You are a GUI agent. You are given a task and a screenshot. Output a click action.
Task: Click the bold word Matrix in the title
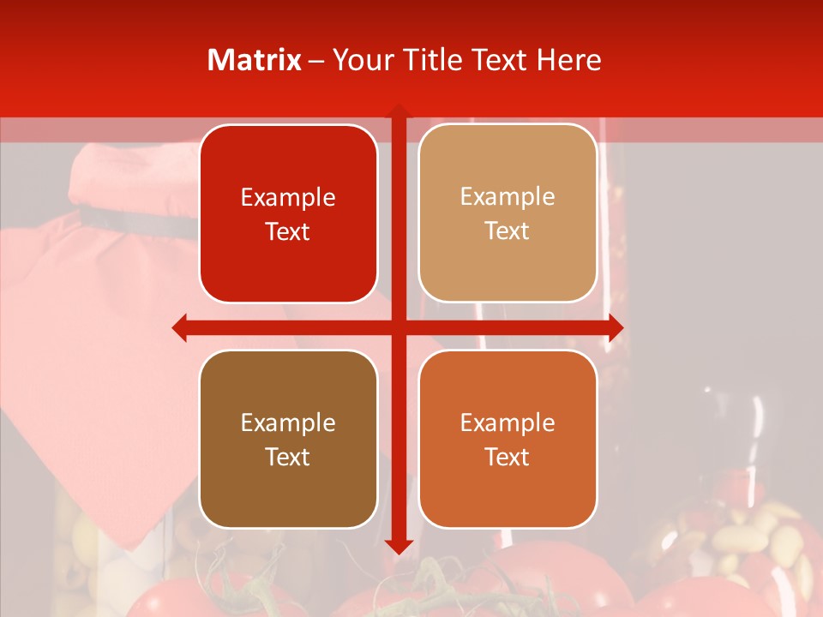pyautogui.click(x=255, y=60)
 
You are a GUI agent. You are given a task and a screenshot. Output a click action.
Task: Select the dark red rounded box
pyautogui.click(x=288, y=213)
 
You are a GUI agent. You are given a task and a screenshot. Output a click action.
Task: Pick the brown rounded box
pyautogui.click(x=288, y=439)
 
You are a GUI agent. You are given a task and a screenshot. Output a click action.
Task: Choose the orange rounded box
pyautogui.click(x=508, y=439)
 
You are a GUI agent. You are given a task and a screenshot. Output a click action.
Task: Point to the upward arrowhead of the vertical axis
pyautogui.click(x=398, y=112)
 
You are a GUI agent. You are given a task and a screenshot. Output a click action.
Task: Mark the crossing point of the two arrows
pyautogui.click(x=398, y=327)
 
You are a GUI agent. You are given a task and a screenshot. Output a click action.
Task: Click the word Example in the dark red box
pyautogui.click(x=288, y=197)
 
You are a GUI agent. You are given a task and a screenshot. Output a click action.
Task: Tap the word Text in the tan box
pyautogui.click(x=508, y=231)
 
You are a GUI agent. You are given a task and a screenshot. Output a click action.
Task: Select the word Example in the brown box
pyautogui.click(x=288, y=422)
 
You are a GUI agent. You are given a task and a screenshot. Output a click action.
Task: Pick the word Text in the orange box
pyautogui.click(x=508, y=457)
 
